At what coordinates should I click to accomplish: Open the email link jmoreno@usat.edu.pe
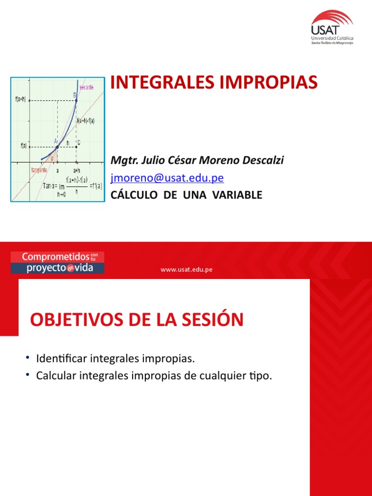click(x=167, y=178)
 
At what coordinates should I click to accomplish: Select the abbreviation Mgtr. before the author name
click(x=123, y=160)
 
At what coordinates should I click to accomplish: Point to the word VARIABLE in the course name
click(x=236, y=195)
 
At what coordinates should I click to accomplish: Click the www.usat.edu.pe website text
click(x=186, y=269)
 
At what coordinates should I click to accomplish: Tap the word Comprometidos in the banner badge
click(x=50, y=257)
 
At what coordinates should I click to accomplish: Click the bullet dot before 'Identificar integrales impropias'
click(x=29, y=357)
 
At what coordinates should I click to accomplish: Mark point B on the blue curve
click(x=76, y=100)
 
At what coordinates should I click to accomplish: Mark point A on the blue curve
click(x=57, y=146)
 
